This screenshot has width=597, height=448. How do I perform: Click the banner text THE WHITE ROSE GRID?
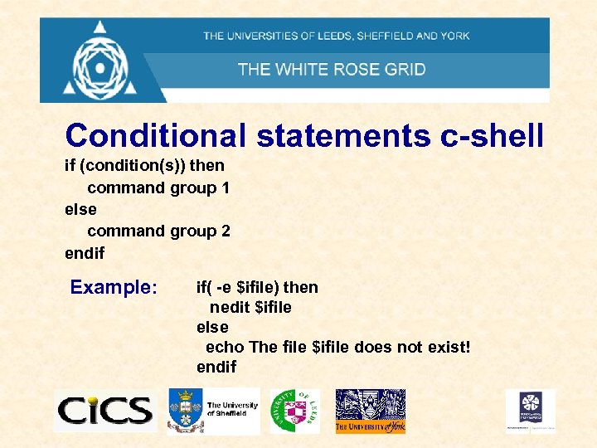click(332, 69)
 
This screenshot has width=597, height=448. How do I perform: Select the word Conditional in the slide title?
click(156, 135)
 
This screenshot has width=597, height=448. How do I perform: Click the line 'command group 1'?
click(158, 187)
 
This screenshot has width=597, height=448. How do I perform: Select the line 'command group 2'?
click(158, 231)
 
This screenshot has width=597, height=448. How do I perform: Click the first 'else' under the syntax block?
click(80, 209)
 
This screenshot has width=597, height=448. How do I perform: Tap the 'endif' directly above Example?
click(85, 252)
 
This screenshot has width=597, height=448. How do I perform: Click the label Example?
click(114, 287)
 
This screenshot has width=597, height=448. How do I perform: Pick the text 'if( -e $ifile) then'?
click(257, 287)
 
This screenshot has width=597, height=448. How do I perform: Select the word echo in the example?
click(225, 347)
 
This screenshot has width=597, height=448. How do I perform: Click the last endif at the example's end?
click(216, 367)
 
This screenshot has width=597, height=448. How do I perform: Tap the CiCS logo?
click(104, 411)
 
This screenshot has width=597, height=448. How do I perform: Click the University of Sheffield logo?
click(213, 411)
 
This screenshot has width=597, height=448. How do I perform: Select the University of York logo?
click(370, 411)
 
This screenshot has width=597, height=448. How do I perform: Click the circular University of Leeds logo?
click(294, 409)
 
